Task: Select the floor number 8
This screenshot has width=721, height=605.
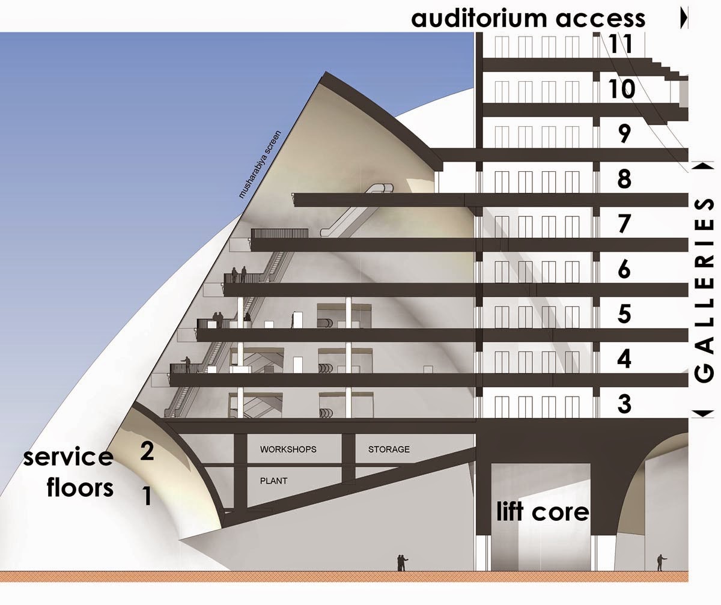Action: click(625, 179)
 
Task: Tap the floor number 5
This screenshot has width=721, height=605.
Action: click(625, 314)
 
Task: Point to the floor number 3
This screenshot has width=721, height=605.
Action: click(625, 404)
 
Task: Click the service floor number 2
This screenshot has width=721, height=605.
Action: click(147, 451)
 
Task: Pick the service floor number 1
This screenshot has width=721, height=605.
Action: click(146, 496)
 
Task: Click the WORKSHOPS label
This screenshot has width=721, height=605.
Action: click(288, 449)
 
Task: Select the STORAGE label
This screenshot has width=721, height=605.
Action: click(389, 449)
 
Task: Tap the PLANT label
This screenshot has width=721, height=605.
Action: click(273, 481)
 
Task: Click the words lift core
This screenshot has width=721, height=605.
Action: click(542, 512)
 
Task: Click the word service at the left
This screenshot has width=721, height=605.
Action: click(68, 457)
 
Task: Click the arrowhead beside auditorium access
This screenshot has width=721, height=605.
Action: click(683, 19)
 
